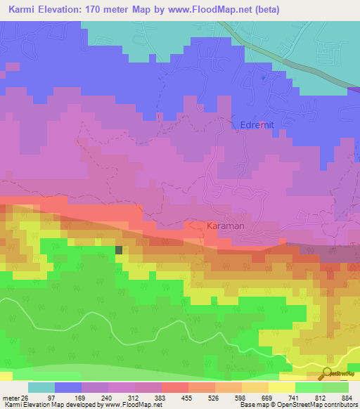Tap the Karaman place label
click(226, 226)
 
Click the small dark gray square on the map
click(119, 249)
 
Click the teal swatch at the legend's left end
click(41, 387)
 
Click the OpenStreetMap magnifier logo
click(327, 374)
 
